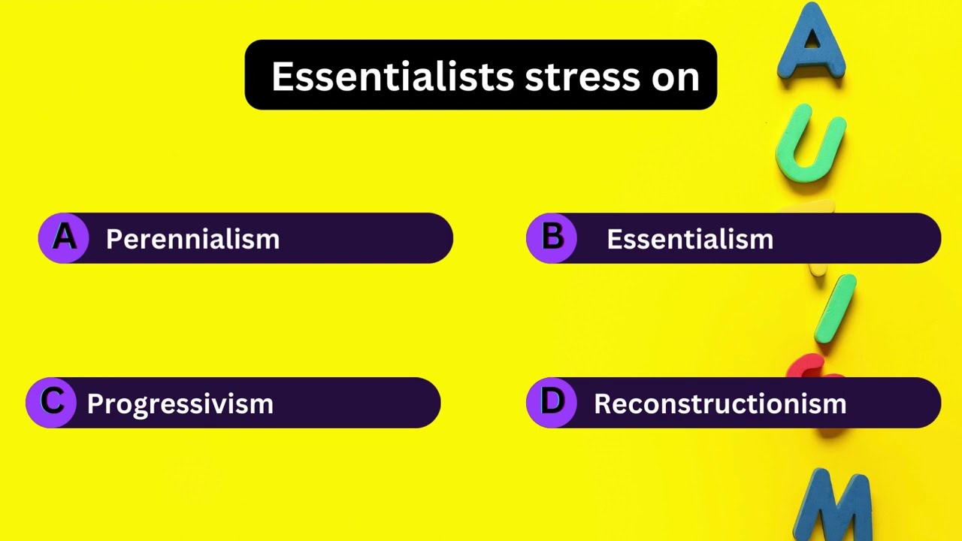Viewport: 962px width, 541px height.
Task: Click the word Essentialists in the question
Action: point(392,76)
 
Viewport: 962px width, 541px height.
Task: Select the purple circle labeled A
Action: point(64,238)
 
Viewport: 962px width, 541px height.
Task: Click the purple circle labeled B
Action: point(552,238)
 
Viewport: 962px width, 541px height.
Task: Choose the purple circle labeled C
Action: point(51,403)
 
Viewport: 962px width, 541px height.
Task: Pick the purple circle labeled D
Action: point(552,403)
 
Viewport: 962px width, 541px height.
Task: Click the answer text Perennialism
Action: point(192,239)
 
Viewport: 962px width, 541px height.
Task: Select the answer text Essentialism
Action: point(690,239)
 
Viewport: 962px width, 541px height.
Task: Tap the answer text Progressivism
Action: point(180,403)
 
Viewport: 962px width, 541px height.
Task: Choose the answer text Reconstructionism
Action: point(720,403)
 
